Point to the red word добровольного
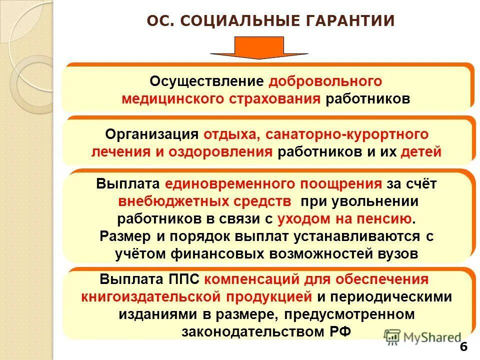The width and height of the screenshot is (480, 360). coord(325,81)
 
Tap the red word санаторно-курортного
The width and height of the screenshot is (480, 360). coord(347,134)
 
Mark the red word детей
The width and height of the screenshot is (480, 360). coord(421,152)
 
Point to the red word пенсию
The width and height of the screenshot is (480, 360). coord(393,218)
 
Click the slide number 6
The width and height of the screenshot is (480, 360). coord(462,347)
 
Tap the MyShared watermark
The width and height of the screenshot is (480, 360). coord(423,337)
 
